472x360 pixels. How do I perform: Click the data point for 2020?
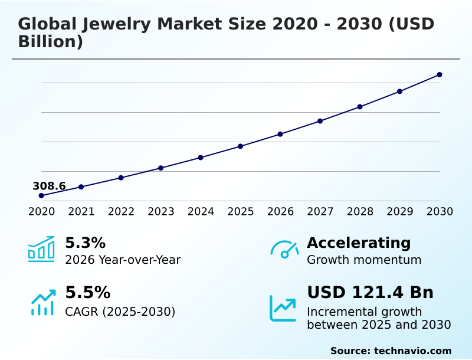41,195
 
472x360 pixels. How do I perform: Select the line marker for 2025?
240,146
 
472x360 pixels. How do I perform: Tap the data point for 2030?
440,75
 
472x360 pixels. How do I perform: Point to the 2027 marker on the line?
320,121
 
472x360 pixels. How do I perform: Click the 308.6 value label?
49,186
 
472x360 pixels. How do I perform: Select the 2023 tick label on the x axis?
160,212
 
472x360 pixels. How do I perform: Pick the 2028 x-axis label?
360,212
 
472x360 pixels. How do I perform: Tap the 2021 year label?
81,212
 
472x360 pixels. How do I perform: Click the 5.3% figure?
85,243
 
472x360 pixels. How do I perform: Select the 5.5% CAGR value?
87,293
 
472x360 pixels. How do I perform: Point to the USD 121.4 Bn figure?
370,293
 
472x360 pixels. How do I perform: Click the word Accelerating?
359,243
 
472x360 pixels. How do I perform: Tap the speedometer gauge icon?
284,250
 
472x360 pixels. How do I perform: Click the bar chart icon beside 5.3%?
41,250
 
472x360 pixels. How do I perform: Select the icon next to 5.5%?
42,303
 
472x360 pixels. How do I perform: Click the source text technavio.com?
412,351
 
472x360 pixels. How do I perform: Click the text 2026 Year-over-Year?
123,260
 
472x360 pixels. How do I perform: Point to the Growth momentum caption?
364,260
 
